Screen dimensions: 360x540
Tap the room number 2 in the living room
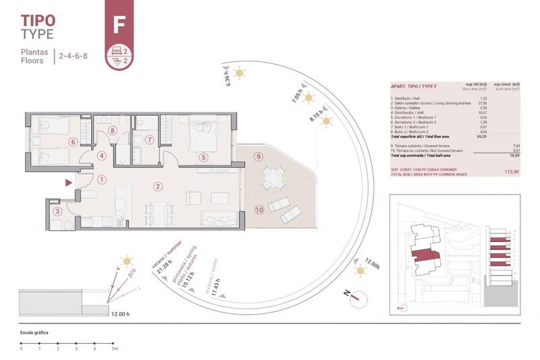[157, 186]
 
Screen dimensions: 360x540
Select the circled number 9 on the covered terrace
[258, 157]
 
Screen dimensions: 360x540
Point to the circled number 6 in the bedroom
[73, 142]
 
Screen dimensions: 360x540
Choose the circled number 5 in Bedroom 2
[202, 158]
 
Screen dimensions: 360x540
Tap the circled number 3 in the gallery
[58, 211]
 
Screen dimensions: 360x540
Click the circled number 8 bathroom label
[113, 131]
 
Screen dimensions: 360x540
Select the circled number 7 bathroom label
[148, 140]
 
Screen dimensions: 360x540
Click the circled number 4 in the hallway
[101, 156]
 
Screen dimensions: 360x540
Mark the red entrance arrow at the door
[67, 182]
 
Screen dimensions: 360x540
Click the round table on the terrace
[274, 178]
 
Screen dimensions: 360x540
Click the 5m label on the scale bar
[115, 349]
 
